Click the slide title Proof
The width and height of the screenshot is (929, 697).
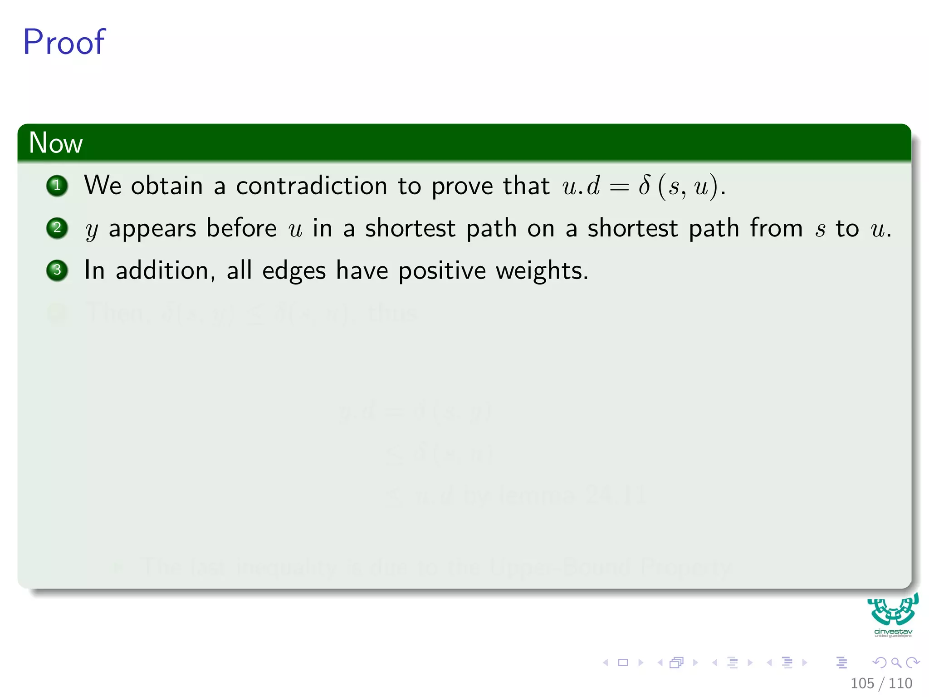coord(64,42)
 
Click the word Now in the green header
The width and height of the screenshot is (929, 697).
coord(55,142)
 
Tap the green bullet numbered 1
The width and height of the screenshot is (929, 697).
coord(57,185)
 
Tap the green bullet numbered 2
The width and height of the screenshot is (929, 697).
coord(57,228)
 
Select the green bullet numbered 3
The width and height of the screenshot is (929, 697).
coord(57,270)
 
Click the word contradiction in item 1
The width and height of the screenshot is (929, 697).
coord(311,186)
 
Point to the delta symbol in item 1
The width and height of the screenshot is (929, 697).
coord(644,185)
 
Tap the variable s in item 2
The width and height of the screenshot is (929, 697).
coord(820,230)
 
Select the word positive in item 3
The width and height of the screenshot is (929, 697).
coord(442,271)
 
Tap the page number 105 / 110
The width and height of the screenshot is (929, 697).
coord(881,683)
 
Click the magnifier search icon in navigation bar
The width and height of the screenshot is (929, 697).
coord(896,663)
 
